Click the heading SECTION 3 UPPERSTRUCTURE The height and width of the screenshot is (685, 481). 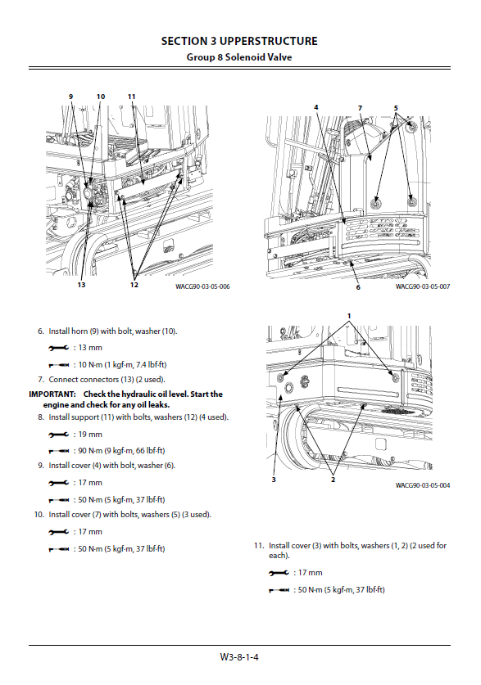pyautogui.click(x=239, y=41)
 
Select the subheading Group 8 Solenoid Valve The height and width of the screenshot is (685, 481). pyautogui.click(x=239, y=57)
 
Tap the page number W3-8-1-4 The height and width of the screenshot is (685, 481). pyautogui.click(x=239, y=657)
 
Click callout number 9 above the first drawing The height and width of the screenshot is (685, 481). pyautogui.click(x=70, y=97)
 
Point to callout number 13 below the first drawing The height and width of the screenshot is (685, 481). pyautogui.click(x=81, y=285)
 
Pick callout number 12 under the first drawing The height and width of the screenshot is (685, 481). pyautogui.click(x=134, y=285)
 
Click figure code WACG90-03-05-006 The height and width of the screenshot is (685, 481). pyautogui.click(x=202, y=286)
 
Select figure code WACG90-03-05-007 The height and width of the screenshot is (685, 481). pyautogui.click(x=423, y=286)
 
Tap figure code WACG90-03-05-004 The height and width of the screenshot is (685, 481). pyautogui.click(x=423, y=485)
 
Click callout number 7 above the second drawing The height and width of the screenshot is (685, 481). pyautogui.click(x=360, y=108)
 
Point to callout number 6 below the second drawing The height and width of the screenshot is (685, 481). pyautogui.click(x=358, y=287)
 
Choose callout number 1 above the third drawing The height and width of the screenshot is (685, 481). pyautogui.click(x=349, y=316)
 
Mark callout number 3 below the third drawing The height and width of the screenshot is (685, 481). pyautogui.click(x=274, y=480)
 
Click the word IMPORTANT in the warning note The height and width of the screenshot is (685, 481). pyautogui.click(x=52, y=394)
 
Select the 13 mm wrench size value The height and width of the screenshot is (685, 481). pyautogui.click(x=90, y=348)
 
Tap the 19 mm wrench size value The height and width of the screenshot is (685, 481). pyautogui.click(x=90, y=435)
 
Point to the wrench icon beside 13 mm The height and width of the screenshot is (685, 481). pyautogui.click(x=59, y=348)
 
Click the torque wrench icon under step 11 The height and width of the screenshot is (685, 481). pyautogui.click(x=279, y=590)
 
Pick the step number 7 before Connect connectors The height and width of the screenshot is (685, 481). pyautogui.click(x=41, y=380)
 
